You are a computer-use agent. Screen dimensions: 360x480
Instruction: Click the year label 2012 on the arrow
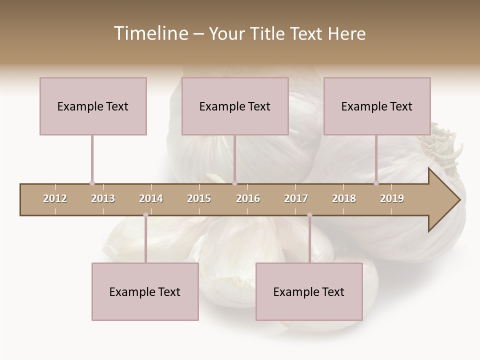[55, 198]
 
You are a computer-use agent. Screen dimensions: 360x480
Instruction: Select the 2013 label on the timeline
[103, 198]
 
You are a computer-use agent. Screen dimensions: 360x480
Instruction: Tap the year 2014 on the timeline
[151, 198]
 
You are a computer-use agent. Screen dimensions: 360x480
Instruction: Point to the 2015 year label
[199, 198]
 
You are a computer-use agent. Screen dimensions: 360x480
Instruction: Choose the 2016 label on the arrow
[248, 198]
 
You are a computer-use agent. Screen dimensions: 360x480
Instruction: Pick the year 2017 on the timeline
[296, 198]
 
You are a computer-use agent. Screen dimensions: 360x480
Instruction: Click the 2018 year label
[344, 198]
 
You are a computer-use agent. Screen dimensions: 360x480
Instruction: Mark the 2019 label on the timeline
[392, 198]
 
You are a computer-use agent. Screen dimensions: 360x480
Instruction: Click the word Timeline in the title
[150, 33]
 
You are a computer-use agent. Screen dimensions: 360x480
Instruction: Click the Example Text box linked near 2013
[93, 106]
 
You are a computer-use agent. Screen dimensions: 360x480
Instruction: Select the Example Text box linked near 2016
[235, 106]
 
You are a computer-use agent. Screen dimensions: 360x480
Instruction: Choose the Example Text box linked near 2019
[377, 106]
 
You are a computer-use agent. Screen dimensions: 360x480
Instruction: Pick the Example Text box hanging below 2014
[145, 291]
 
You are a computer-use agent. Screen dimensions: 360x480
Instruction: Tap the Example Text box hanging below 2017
[309, 291]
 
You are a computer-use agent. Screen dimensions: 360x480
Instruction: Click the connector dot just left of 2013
[92, 183]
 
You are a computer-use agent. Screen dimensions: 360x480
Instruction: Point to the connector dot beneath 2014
[145, 215]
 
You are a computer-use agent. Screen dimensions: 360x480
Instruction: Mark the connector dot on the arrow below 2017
[309, 215]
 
